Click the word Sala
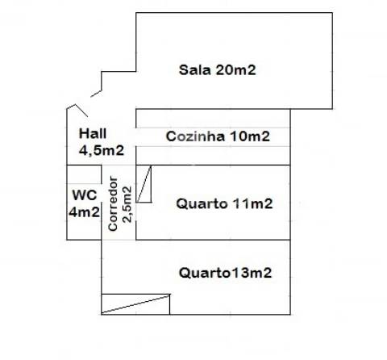tap(194, 70)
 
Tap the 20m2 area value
tap(235, 70)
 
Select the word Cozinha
tap(195, 136)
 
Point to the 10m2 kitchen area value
tap(250, 136)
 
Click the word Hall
tap(93, 133)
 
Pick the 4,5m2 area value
tap(102, 150)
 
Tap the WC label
tap(85, 195)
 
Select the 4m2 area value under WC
tap(84, 212)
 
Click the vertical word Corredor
tap(113, 203)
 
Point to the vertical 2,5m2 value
tap(127, 204)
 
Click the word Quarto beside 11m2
tap(202, 203)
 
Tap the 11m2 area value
tap(252, 203)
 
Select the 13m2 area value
tap(251, 273)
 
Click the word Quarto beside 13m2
tap(205, 273)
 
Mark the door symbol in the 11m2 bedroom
tap(144, 184)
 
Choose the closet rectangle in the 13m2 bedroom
tap(135, 304)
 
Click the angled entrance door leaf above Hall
tap(81, 110)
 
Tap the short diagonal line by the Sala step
tap(96, 94)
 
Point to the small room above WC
tap(84, 174)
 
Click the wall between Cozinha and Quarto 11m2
tap(213, 165)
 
